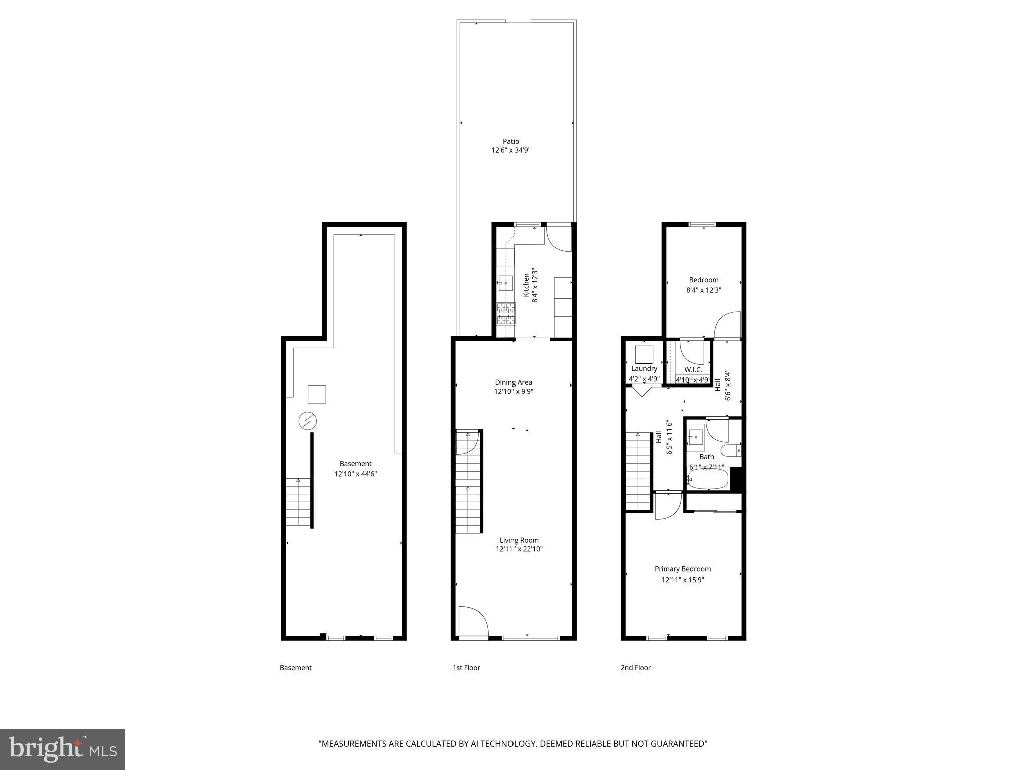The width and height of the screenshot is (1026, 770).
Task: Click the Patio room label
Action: [510, 141]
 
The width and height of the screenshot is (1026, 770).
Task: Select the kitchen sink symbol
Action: [505, 283]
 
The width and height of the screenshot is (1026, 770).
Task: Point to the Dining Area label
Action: [514, 382]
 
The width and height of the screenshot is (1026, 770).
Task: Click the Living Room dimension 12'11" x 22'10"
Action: [519, 549]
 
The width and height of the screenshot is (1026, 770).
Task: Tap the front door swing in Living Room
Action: [473, 621]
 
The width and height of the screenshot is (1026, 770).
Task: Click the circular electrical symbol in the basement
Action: [307, 421]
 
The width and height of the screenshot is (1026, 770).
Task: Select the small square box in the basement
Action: [317, 394]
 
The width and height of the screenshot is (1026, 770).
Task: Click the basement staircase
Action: [298, 502]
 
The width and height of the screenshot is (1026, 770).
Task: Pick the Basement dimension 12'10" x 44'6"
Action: [355, 473]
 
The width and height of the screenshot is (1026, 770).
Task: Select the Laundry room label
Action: [644, 368]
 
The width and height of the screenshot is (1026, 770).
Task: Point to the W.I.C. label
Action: [693, 370]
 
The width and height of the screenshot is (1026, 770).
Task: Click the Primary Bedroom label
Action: [683, 569]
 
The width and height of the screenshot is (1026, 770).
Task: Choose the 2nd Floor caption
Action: [635, 667]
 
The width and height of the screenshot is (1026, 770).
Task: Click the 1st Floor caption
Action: [466, 667]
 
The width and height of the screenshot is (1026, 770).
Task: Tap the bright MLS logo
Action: [63, 749]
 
